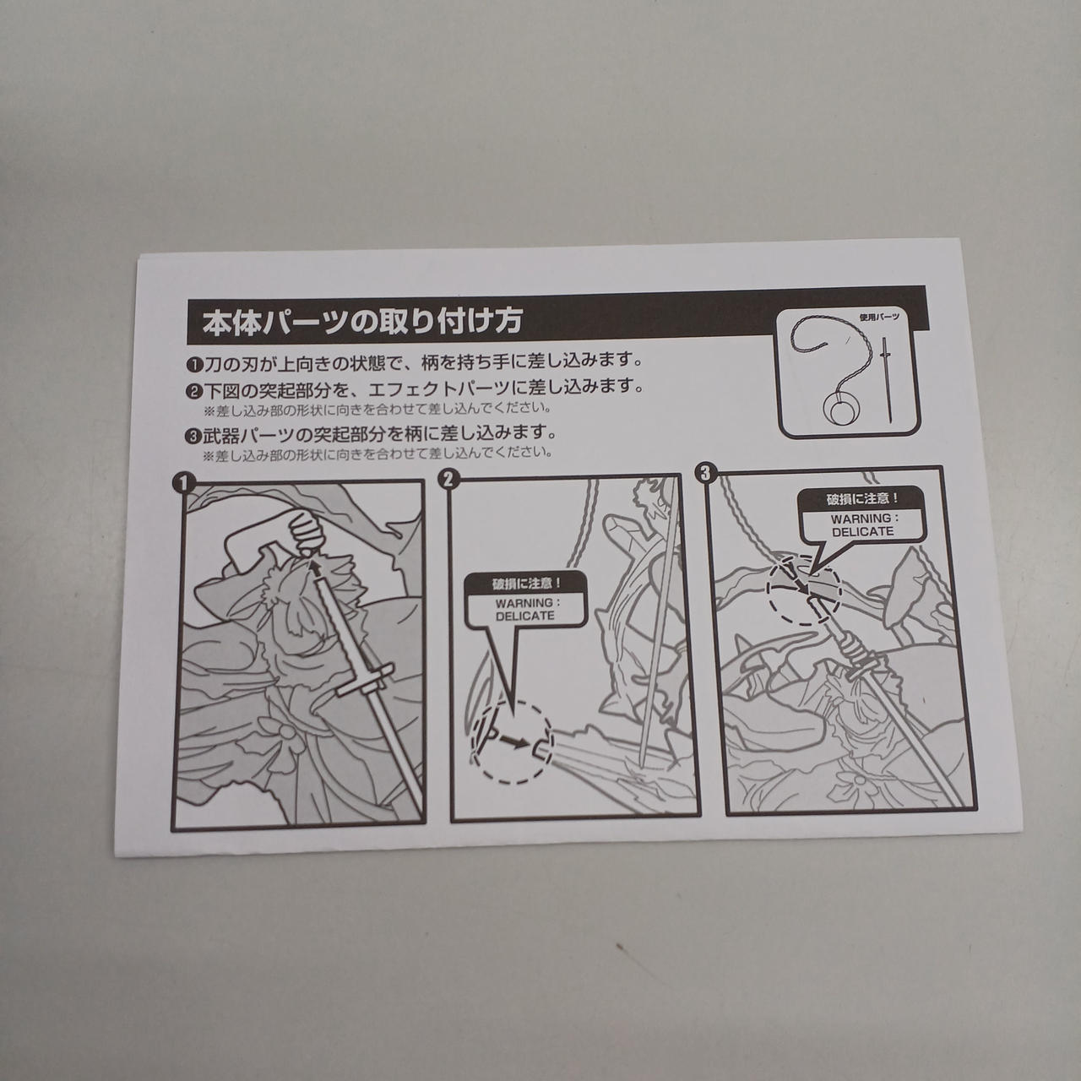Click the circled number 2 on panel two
[x=448, y=480]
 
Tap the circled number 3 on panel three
[x=704, y=473]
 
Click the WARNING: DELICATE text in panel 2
[x=524, y=609]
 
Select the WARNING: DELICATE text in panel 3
[x=862, y=525]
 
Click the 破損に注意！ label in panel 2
[x=525, y=584]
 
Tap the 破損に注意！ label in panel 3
[x=862, y=499]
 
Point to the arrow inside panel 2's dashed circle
[x=515, y=742]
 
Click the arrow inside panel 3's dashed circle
[x=798, y=584]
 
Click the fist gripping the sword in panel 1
[x=307, y=532]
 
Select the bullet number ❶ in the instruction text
[x=193, y=364]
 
